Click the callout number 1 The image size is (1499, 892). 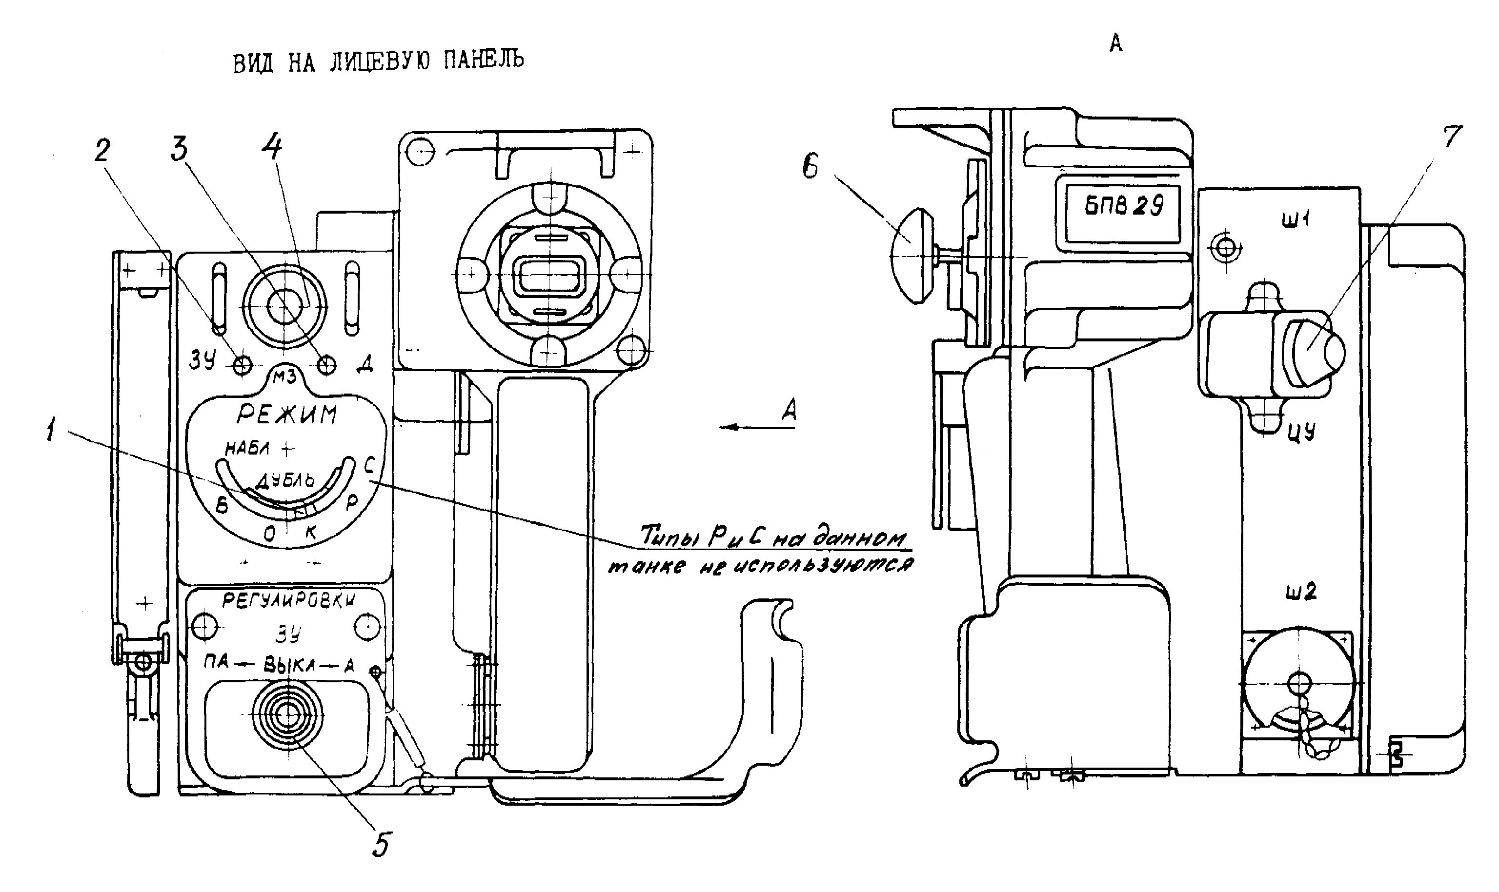click(51, 430)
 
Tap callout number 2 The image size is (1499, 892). click(102, 151)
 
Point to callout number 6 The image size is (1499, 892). click(810, 166)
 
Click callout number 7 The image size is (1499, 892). click(1452, 137)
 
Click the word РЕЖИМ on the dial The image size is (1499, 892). click(287, 414)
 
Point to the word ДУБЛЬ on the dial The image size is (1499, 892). click(285, 480)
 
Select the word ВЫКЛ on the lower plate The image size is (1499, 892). click(289, 665)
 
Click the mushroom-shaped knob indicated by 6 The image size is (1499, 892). click(912, 256)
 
